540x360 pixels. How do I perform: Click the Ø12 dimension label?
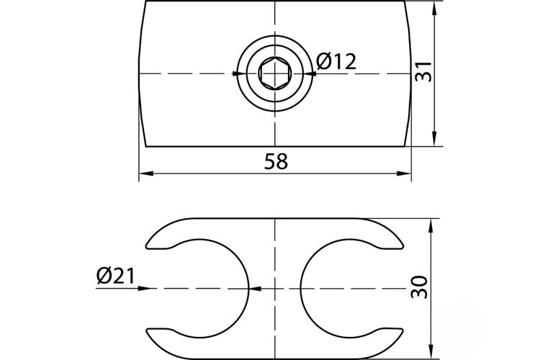pos(336,61)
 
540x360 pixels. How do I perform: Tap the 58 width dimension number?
pos(276,161)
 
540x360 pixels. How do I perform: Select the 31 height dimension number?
pos(423,72)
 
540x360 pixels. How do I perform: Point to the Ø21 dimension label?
pos(116,276)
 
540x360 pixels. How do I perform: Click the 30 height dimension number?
pos(419,287)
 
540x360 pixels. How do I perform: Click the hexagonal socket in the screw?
pos(274,73)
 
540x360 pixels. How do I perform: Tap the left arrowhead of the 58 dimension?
pos(146,174)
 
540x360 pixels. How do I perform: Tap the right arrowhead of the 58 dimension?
pos(404,174)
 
